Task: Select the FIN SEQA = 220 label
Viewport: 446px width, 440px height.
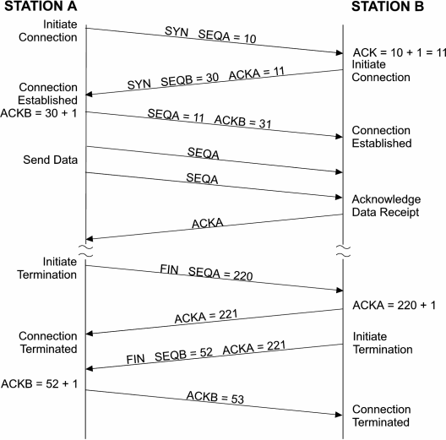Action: [206, 274]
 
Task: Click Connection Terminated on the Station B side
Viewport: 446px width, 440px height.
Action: [382, 415]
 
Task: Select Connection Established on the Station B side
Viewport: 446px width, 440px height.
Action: [382, 136]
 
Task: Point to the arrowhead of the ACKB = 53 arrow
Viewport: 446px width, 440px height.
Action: [339, 414]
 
